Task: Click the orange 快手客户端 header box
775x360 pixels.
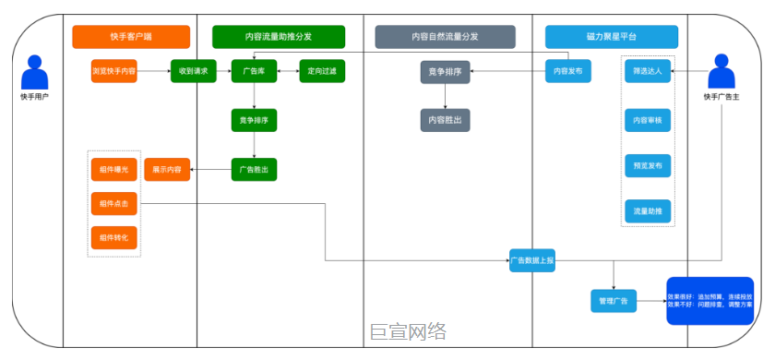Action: click(x=131, y=37)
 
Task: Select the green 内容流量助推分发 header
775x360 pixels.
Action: click(x=278, y=37)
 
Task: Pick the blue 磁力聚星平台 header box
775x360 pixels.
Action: click(x=611, y=37)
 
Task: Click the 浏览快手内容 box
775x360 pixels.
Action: click(x=114, y=71)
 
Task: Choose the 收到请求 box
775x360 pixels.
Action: click(x=193, y=71)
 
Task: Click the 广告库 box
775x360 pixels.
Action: click(x=254, y=71)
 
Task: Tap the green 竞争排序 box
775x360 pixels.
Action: click(x=254, y=120)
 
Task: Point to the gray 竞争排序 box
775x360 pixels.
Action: click(x=446, y=71)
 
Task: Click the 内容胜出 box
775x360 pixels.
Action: click(x=446, y=120)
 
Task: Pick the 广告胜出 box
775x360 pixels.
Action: click(x=254, y=170)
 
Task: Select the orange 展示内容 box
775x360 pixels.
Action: click(x=167, y=170)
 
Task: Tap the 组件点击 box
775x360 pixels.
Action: click(x=114, y=203)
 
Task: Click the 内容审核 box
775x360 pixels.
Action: click(x=647, y=120)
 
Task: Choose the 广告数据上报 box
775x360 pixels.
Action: click(x=532, y=260)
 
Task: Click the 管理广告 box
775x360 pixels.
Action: click(x=614, y=301)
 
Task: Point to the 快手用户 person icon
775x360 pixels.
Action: click(x=35, y=74)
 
